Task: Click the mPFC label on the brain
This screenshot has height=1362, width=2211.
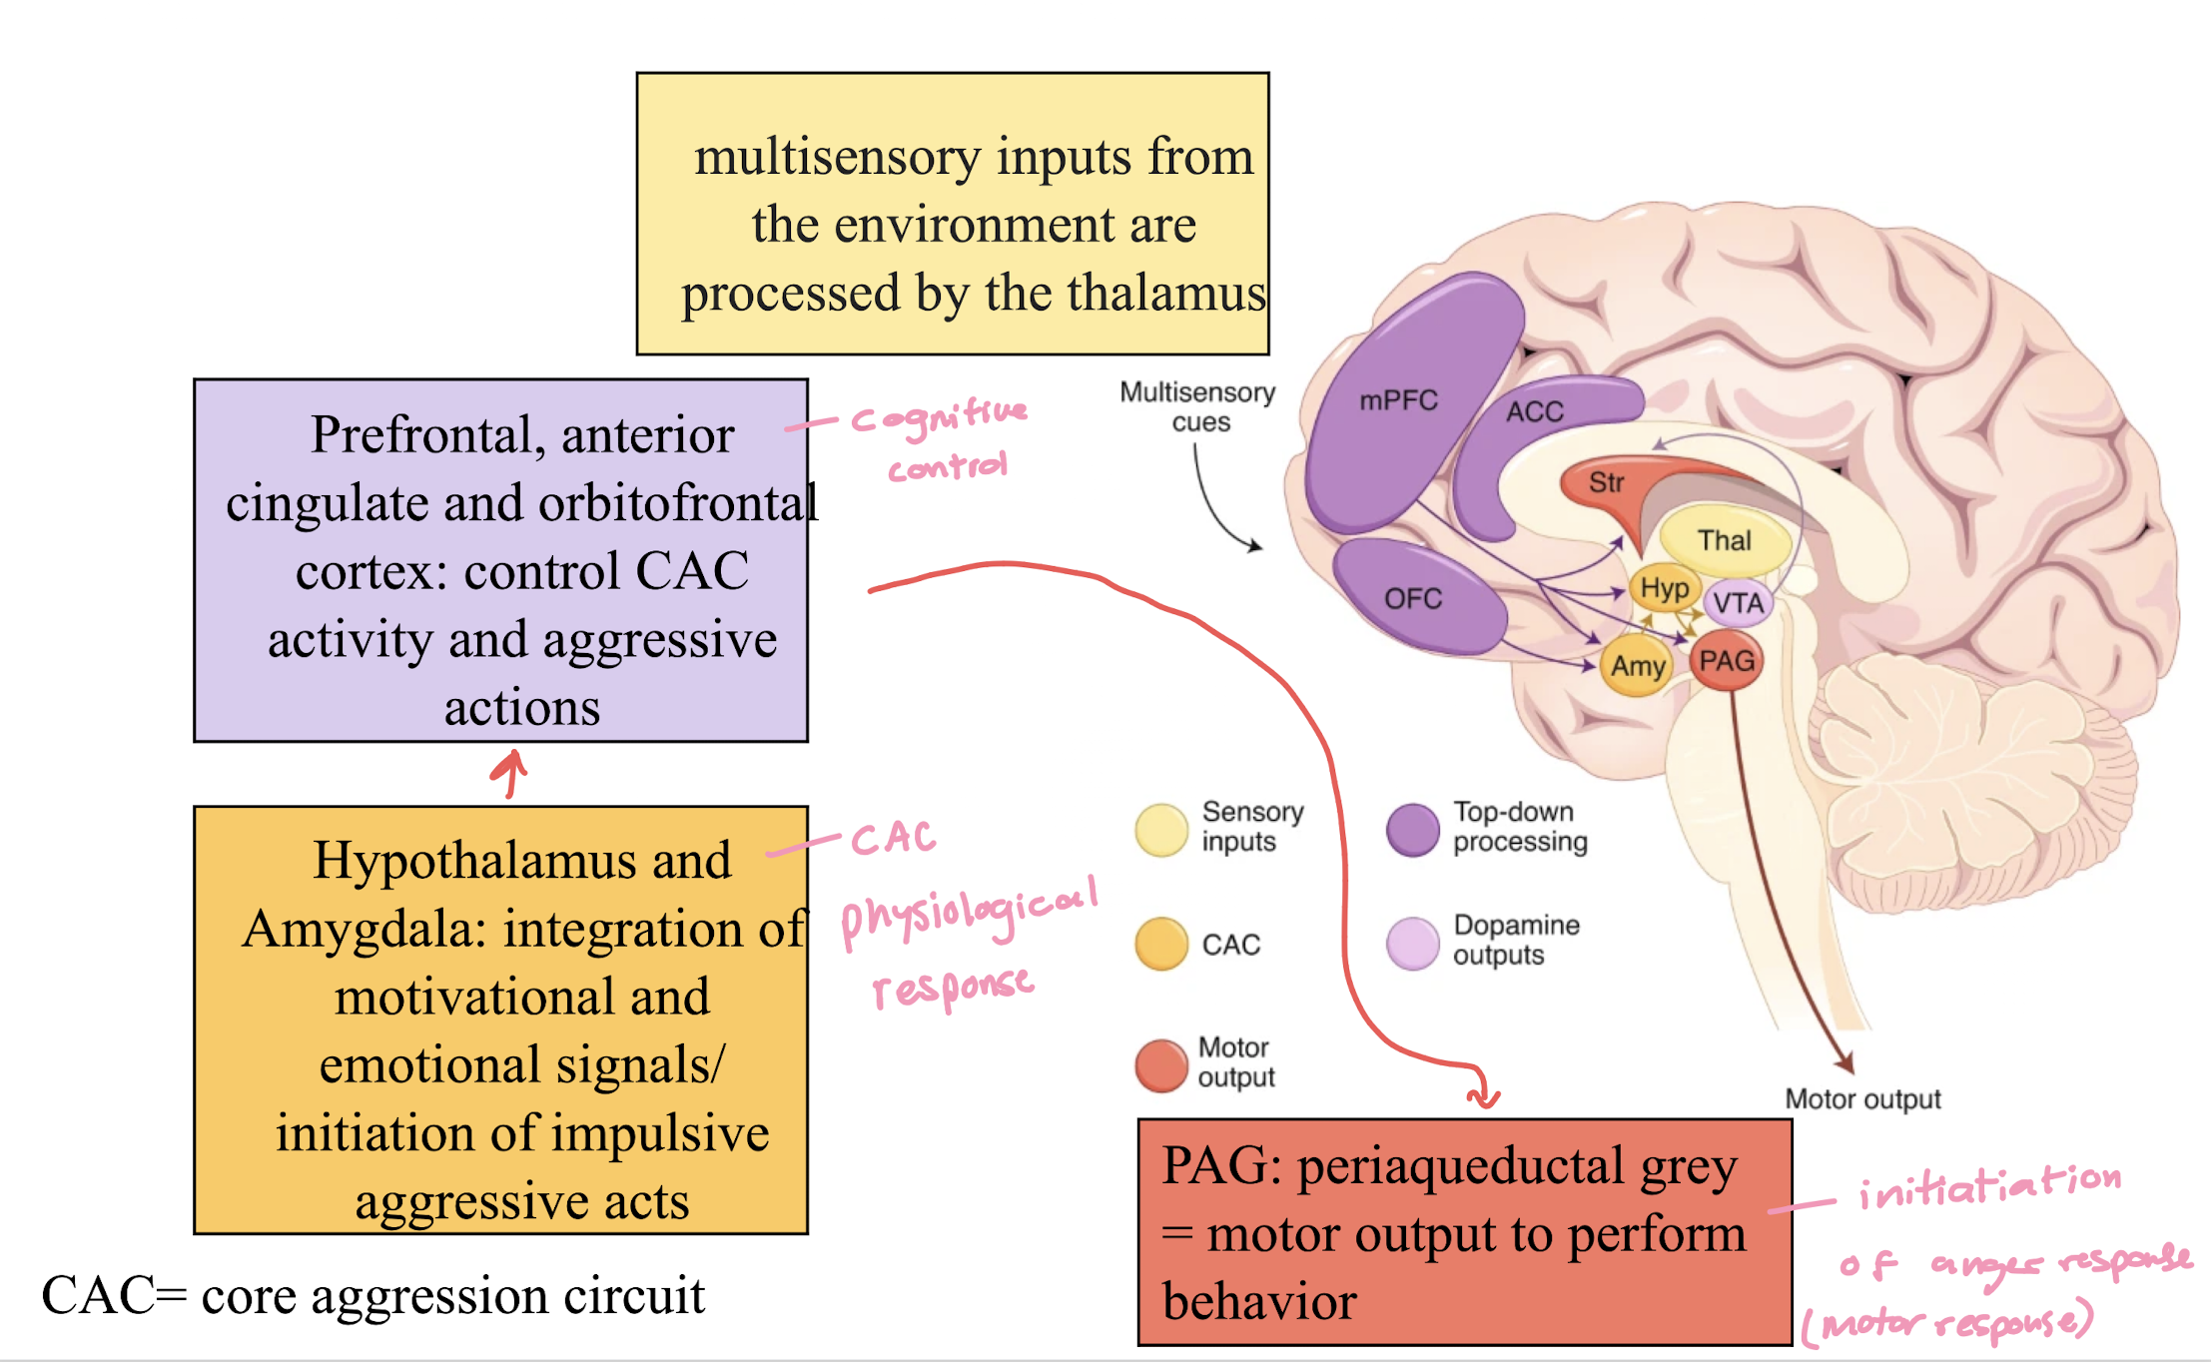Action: point(1398,401)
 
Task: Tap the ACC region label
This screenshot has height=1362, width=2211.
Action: point(1535,411)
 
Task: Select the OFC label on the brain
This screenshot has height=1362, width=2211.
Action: point(1413,599)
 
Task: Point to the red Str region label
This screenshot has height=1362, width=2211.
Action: point(1606,483)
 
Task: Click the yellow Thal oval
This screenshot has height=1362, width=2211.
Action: point(1725,540)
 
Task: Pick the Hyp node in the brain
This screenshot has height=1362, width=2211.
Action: point(1665,588)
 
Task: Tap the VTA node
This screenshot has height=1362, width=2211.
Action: point(1739,603)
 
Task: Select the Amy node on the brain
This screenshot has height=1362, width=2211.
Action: point(1638,666)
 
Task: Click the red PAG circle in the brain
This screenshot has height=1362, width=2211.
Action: point(1727,661)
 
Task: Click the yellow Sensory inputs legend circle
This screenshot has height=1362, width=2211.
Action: point(1161,830)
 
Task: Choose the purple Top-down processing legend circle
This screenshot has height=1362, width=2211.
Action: point(1413,830)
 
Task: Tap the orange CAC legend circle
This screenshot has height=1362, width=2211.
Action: point(1161,944)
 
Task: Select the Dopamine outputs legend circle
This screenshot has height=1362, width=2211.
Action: point(1413,944)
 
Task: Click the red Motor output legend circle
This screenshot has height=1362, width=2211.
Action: point(1161,1065)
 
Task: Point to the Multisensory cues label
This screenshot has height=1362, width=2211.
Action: point(1197,406)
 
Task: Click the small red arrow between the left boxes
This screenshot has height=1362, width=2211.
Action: point(510,774)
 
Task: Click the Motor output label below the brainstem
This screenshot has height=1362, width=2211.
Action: point(1862,1099)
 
